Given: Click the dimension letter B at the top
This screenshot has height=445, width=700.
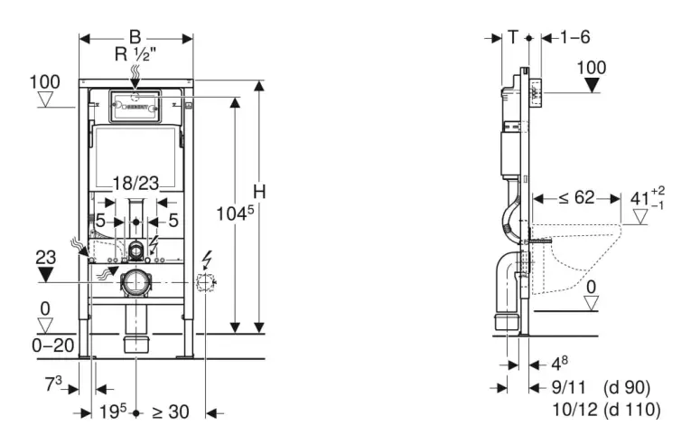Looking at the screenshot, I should click(135, 37).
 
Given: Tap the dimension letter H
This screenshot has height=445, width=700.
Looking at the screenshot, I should click(259, 192).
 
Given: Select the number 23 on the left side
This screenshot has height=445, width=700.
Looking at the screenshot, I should click(44, 256).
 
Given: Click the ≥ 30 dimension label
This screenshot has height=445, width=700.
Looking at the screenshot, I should click(170, 412).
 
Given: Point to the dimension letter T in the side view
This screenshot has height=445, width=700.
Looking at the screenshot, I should click(512, 37).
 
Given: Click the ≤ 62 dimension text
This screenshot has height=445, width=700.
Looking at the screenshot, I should click(570, 197).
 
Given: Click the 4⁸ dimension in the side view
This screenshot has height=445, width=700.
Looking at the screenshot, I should click(560, 365).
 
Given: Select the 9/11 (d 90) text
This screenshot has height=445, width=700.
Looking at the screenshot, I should click(601, 388).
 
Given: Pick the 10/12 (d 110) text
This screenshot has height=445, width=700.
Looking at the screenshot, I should click(605, 411).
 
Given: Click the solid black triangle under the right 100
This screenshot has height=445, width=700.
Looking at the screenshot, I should click(592, 87).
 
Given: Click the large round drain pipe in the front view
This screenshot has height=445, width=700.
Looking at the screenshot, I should click(136, 282).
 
